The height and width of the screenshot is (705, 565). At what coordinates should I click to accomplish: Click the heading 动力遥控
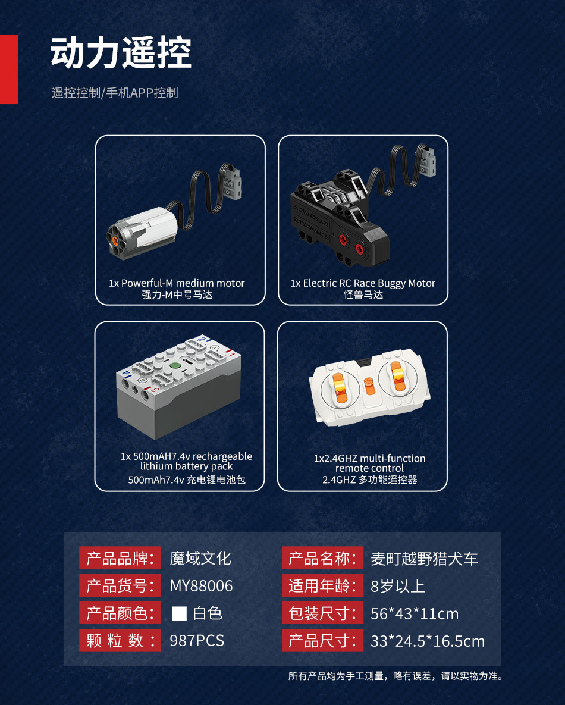coord(121,53)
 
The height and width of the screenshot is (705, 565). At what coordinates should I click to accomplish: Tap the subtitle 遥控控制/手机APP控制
coord(115,93)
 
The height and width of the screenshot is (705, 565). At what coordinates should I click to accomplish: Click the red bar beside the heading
coord(8,69)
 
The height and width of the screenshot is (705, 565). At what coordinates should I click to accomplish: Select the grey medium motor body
coord(143,233)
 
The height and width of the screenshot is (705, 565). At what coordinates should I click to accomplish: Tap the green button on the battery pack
coord(174,366)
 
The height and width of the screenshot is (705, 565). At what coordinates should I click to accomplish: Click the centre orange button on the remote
coord(369,386)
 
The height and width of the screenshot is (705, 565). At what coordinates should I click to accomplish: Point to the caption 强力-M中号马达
coord(177,294)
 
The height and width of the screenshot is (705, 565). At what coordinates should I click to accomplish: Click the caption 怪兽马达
coord(363,294)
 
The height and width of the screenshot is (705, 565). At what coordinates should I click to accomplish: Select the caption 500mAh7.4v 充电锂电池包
coord(187,480)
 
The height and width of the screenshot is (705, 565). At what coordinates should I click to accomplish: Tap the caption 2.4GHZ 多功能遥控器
coord(369,480)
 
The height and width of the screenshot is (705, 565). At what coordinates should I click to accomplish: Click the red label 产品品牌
coord(120,559)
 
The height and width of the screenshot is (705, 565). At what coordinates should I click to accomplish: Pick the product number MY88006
coord(202,586)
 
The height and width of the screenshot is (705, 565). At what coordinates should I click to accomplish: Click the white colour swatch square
coord(180,613)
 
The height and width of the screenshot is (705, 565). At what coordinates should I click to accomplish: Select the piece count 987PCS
coord(197,641)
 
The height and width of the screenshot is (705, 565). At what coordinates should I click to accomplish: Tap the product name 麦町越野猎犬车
coord(424,559)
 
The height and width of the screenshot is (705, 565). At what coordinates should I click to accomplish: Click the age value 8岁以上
coord(398,586)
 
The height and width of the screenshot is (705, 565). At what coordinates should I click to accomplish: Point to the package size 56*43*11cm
coord(415,614)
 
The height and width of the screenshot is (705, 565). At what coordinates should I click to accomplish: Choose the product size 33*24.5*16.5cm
coord(428,641)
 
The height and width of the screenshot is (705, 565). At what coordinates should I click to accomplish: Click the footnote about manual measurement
coord(396,676)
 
